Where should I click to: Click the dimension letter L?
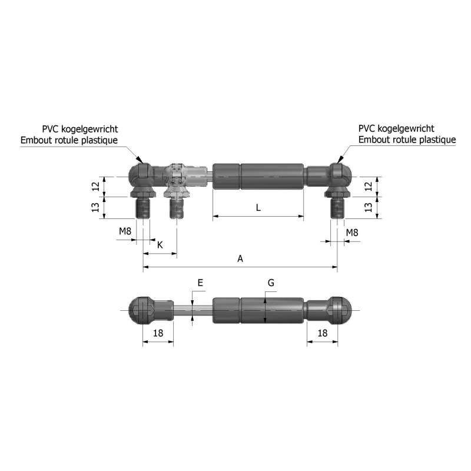point(258,207)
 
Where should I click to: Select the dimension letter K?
point(160,244)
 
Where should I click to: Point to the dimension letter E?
point(200,283)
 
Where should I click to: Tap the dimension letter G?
point(271,283)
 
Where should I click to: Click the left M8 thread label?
point(125,232)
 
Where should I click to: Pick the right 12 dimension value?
point(368,186)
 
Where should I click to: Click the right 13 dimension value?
point(368,208)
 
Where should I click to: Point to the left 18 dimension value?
point(158,333)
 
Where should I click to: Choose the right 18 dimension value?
point(322,333)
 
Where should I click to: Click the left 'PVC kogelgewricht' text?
point(80,129)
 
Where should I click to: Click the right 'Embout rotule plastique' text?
point(407,140)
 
